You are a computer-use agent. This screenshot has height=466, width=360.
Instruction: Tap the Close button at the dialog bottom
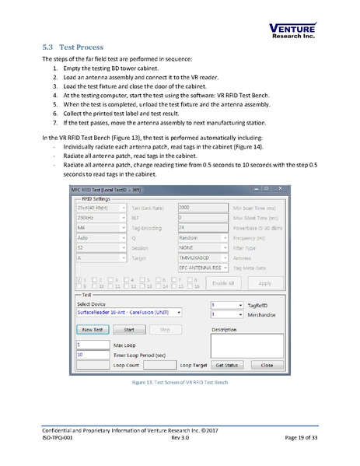(x=266, y=363)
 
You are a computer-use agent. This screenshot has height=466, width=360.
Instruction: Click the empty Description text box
(x=246, y=345)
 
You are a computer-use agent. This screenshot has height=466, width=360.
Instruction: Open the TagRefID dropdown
(x=226, y=305)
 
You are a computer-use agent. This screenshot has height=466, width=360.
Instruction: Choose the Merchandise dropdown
(x=226, y=314)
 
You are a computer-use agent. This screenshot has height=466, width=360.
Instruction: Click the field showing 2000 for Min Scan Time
(x=203, y=208)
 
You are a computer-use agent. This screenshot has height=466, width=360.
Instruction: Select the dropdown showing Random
(x=203, y=237)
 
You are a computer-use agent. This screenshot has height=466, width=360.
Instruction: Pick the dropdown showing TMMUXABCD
(x=203, y=257)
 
